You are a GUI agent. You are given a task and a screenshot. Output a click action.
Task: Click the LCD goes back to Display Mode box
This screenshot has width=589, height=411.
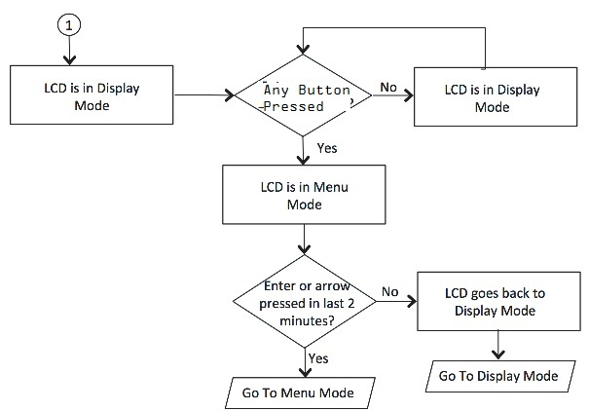pos(497,301)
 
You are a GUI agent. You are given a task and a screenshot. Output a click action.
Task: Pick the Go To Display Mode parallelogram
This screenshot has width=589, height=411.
pos(498,376)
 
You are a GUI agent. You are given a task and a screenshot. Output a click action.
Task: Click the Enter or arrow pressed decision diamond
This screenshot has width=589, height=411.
pos(306,302)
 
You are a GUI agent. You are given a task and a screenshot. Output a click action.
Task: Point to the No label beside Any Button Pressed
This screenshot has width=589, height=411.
pos(388,88)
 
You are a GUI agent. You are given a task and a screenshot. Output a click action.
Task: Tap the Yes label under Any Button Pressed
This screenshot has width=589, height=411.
pos(327,148)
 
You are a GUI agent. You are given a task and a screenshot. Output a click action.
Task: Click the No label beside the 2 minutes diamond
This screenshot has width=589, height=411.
pos(390,291)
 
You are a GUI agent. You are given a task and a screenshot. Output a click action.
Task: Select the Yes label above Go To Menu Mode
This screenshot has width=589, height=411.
pos(318,358)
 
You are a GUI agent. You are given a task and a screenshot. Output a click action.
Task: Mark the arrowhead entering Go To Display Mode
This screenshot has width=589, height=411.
pos(497,356)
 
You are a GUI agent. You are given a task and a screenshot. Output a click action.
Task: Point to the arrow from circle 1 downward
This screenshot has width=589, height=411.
pos(67,51)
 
